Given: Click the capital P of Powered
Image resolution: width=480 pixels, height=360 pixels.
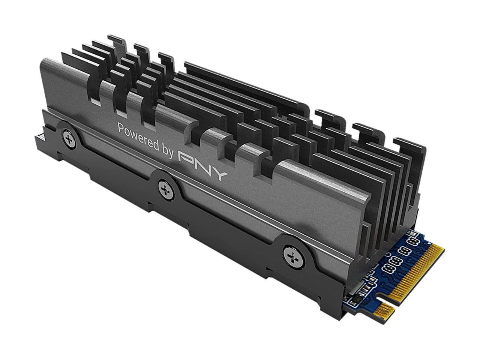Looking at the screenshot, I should [x=121, y=128].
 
